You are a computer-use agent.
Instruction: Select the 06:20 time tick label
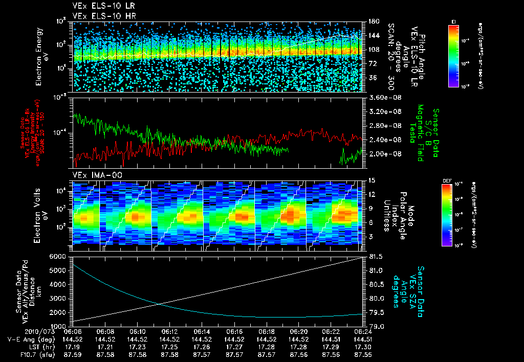[298, 331]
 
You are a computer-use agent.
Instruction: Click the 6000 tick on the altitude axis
[60, 256]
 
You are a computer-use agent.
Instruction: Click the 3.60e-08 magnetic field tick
[383, 97]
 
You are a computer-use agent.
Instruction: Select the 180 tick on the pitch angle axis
[373, 21]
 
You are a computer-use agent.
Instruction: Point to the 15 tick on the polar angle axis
[372, 180]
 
